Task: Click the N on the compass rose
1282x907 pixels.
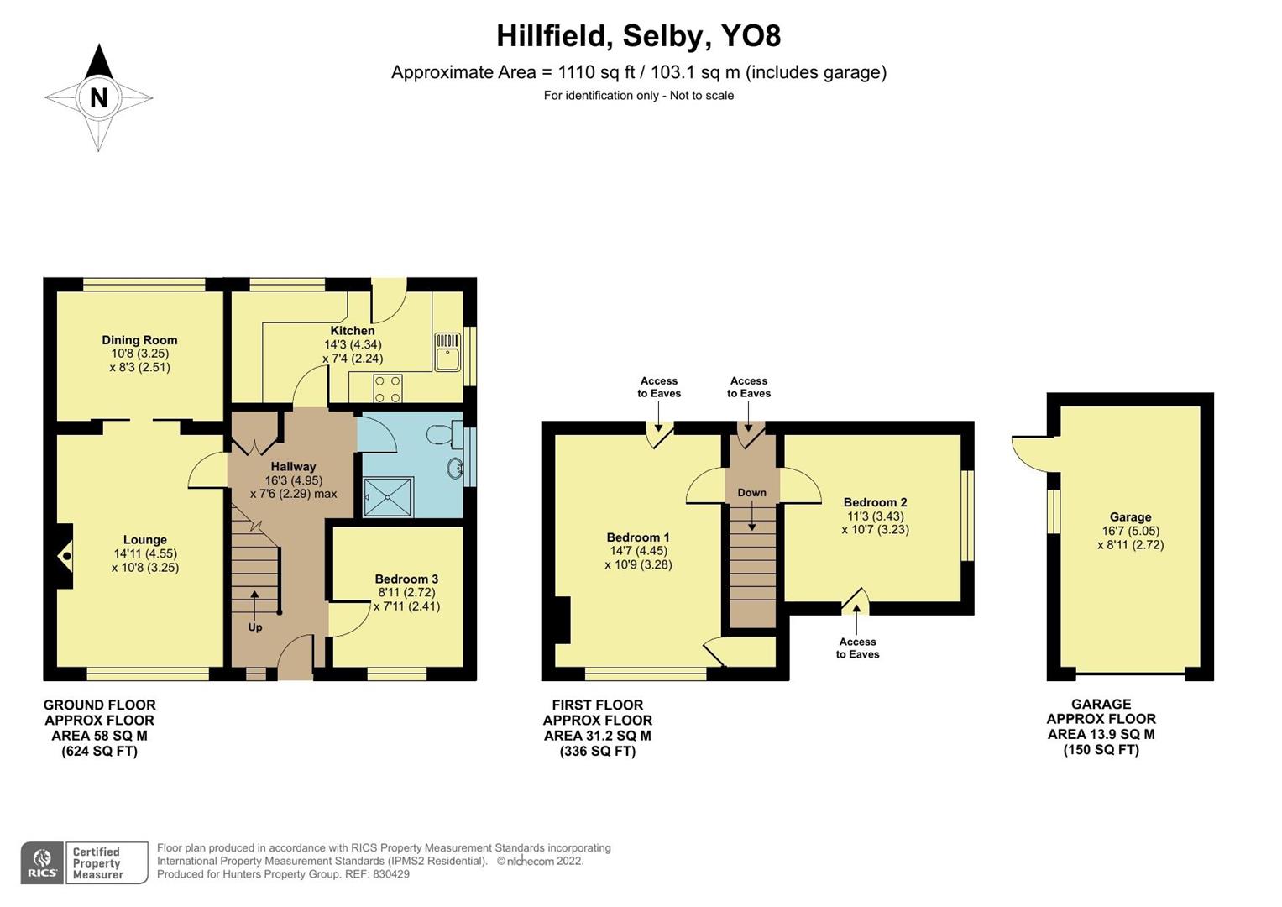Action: pyautogui.click(x=98, y=97)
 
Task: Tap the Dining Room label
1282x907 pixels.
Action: pyautogui.click(x=139, y=340)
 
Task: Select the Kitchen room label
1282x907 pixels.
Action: pyautogui.click(x=352, y=331)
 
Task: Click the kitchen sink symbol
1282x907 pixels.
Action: pyautogui.click(x=447, y=351)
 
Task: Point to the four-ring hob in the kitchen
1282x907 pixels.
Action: pyautogui.click(x=387, y=389)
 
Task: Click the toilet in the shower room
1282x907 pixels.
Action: pyautogui.click(x=442, y=434)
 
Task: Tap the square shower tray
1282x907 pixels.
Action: pyautogui.click(x=388, y=497)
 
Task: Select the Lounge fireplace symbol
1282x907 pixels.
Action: pyautogui.click(x=65, y=556)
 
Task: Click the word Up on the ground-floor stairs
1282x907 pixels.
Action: pyautogui.click(x=254, y=627)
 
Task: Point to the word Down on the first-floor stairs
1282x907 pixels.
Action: pyautogui.click(x=751, y=493)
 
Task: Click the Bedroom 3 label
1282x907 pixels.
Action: pyautogui.click(x=406, y=579)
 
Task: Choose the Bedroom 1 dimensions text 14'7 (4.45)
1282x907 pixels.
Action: pyautogui.click(x=638, y=551)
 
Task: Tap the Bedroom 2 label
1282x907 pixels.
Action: pyautogui.click(x=875, y=502)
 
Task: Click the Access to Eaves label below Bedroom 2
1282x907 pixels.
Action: pyautogui.click(x=857, y=647)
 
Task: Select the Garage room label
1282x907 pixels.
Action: pyautogui.click(x=1130, y=517)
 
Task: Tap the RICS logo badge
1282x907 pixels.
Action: pyautogui.click(x=42, y=863)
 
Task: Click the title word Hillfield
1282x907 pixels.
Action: pyautogui.click(x=549, y=36)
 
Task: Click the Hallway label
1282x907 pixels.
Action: pyautogui.click(x=293, y=466)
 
